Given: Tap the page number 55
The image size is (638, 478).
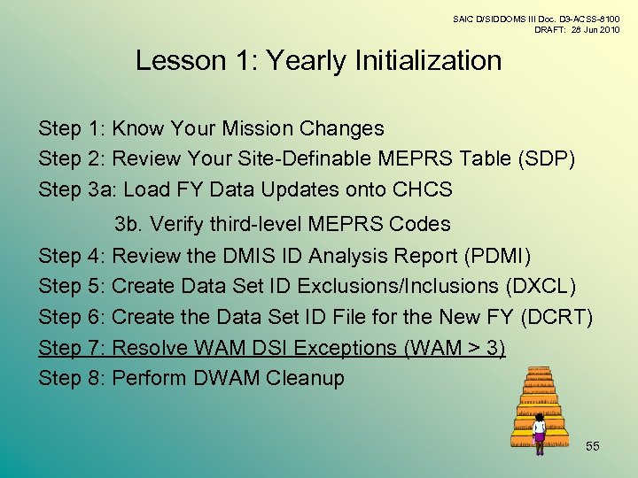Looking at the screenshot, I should pyautogui.click(x=592, y=446).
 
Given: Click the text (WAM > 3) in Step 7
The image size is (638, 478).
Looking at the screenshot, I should pyautogui.click(x=454, y=348).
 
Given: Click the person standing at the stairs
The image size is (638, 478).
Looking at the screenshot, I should pyautogui.click(x=539, y=433).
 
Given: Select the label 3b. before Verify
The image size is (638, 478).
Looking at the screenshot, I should pyautogui.click(x=129, y=225).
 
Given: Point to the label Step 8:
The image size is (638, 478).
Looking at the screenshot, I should pyautogui.click(x=73, y=379).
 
